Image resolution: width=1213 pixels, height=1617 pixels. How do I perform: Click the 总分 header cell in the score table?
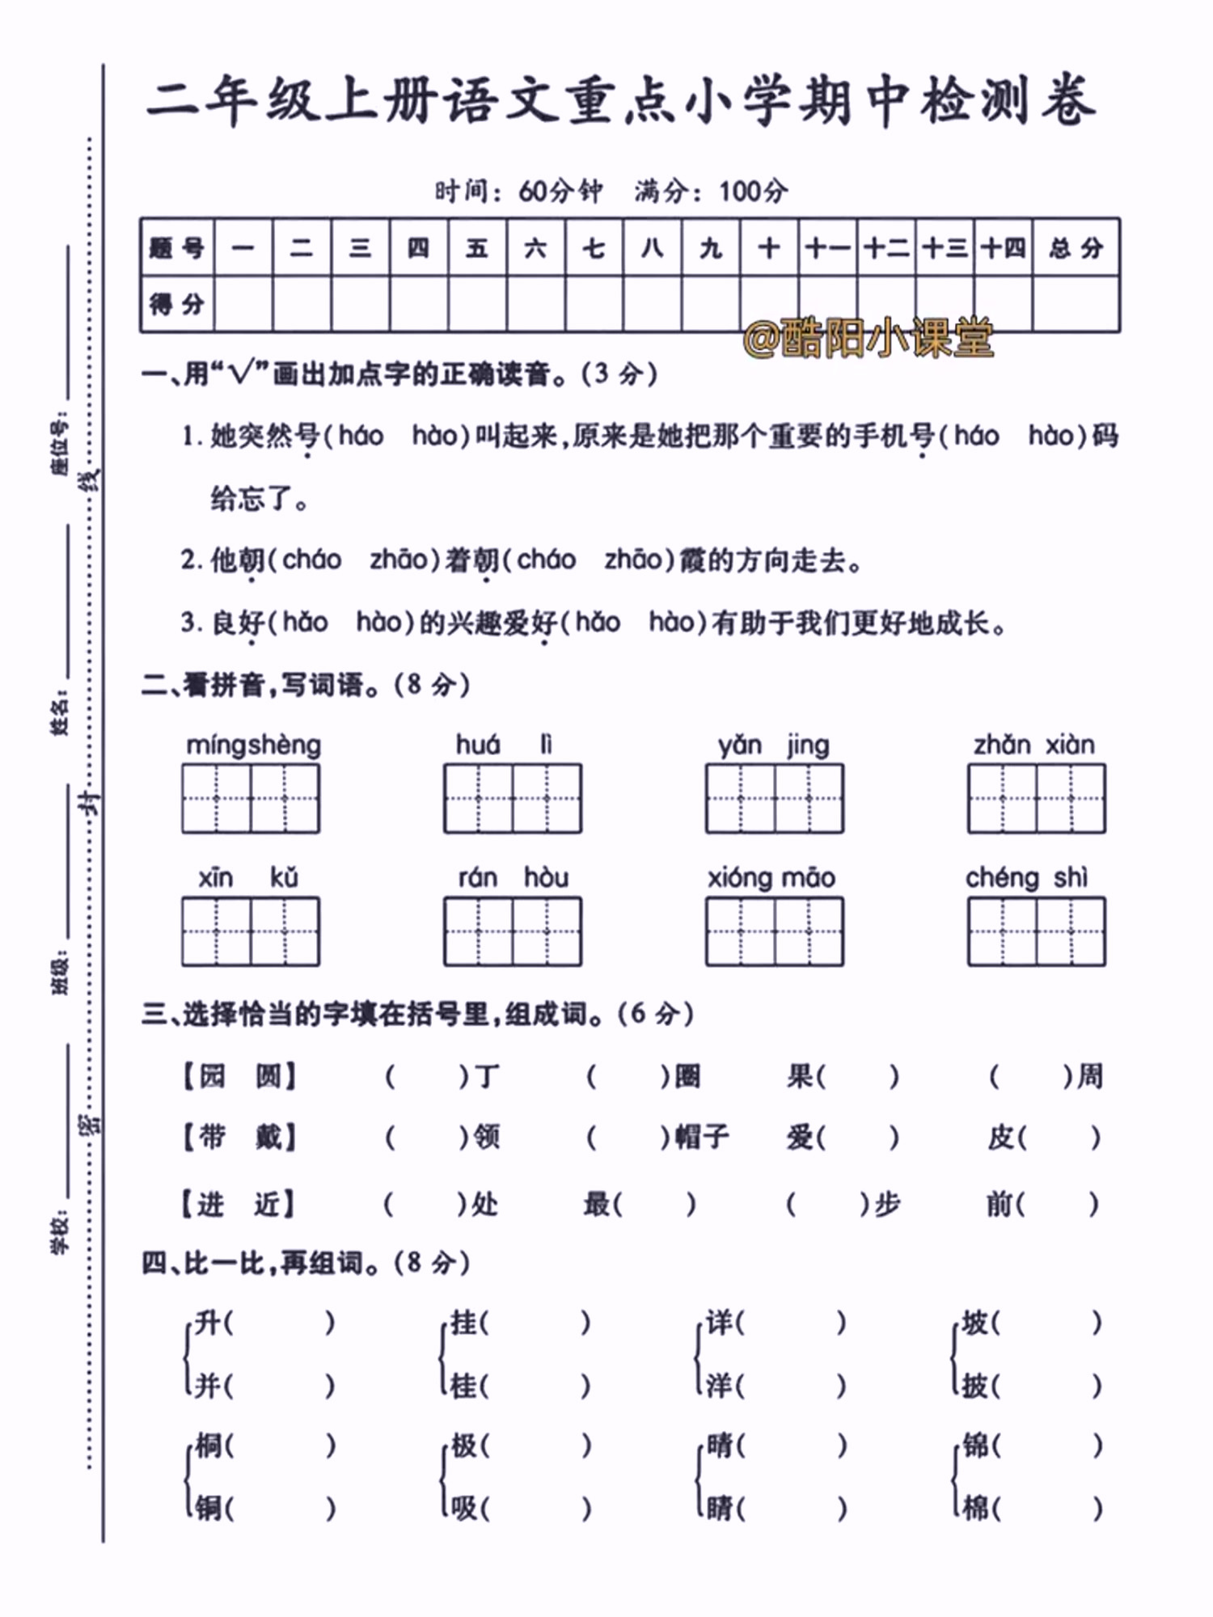point(1076,247)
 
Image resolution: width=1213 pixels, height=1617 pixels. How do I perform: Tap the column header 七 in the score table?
point(594,247)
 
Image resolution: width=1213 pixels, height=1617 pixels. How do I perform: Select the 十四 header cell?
point(1003,247)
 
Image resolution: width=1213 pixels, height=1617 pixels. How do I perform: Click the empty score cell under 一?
point(243,304)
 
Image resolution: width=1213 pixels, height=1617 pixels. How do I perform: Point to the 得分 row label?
point(177,304)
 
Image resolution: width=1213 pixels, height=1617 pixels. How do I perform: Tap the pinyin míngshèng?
point(253,745)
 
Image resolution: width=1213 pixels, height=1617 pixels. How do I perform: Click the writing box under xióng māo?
point(774,931)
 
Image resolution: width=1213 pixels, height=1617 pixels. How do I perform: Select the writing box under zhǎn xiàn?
point(1036,798)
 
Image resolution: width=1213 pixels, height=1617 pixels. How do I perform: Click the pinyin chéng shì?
point(1026,877)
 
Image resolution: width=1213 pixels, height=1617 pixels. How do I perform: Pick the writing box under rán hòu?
point(512,931)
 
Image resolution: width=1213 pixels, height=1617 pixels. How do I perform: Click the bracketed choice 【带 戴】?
point(239,1138)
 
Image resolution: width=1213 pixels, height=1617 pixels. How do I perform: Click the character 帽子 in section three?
point(702,1138)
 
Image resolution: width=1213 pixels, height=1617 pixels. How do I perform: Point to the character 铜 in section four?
point(208,1507)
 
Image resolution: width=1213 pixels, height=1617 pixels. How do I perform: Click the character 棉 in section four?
point(976,1507)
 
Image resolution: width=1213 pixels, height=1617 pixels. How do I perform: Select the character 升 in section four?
point(208,1323)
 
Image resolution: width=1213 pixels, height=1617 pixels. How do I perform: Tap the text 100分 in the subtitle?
point(753,192)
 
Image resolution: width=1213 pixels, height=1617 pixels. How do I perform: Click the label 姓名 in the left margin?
point(60,713)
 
